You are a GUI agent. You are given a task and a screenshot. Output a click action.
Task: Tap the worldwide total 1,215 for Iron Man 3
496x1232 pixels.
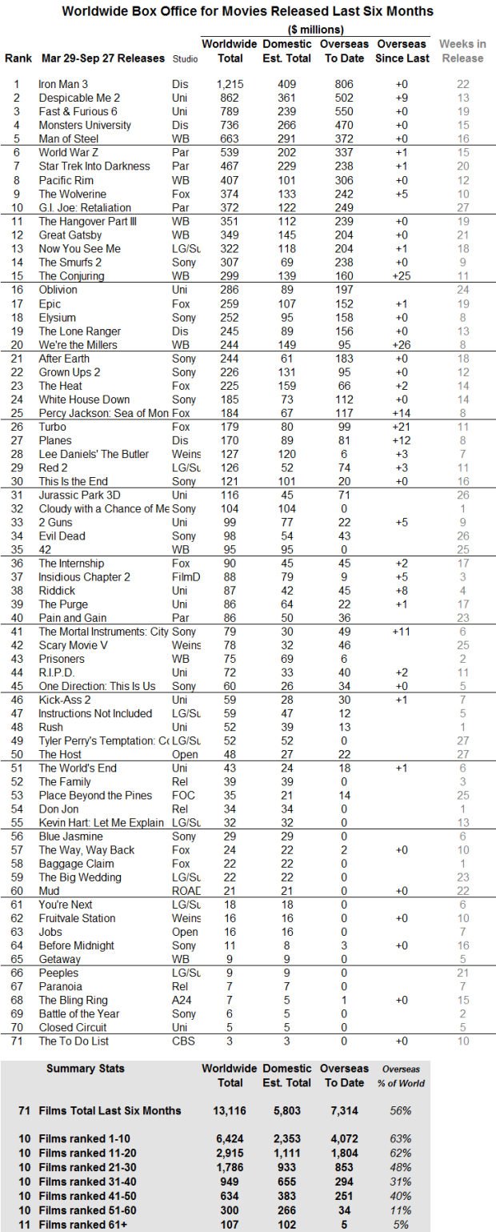coord(230,84)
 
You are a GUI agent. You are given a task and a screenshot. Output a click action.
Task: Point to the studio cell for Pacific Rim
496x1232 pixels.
coord(180,180)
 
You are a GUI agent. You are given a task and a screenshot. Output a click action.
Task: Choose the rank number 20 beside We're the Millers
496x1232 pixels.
coord(16,345)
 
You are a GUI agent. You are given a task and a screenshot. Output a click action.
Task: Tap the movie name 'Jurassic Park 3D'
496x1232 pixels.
coord(78,496)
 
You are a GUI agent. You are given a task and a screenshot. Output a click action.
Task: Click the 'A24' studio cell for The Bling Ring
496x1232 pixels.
coord(181,1000)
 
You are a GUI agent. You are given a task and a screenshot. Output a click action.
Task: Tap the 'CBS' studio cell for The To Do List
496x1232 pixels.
coord(182,1041)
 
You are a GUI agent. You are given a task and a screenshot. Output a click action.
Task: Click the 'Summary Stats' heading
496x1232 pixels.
coord(86,1069)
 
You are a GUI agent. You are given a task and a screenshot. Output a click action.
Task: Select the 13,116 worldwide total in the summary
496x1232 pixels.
coord(229,1110)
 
